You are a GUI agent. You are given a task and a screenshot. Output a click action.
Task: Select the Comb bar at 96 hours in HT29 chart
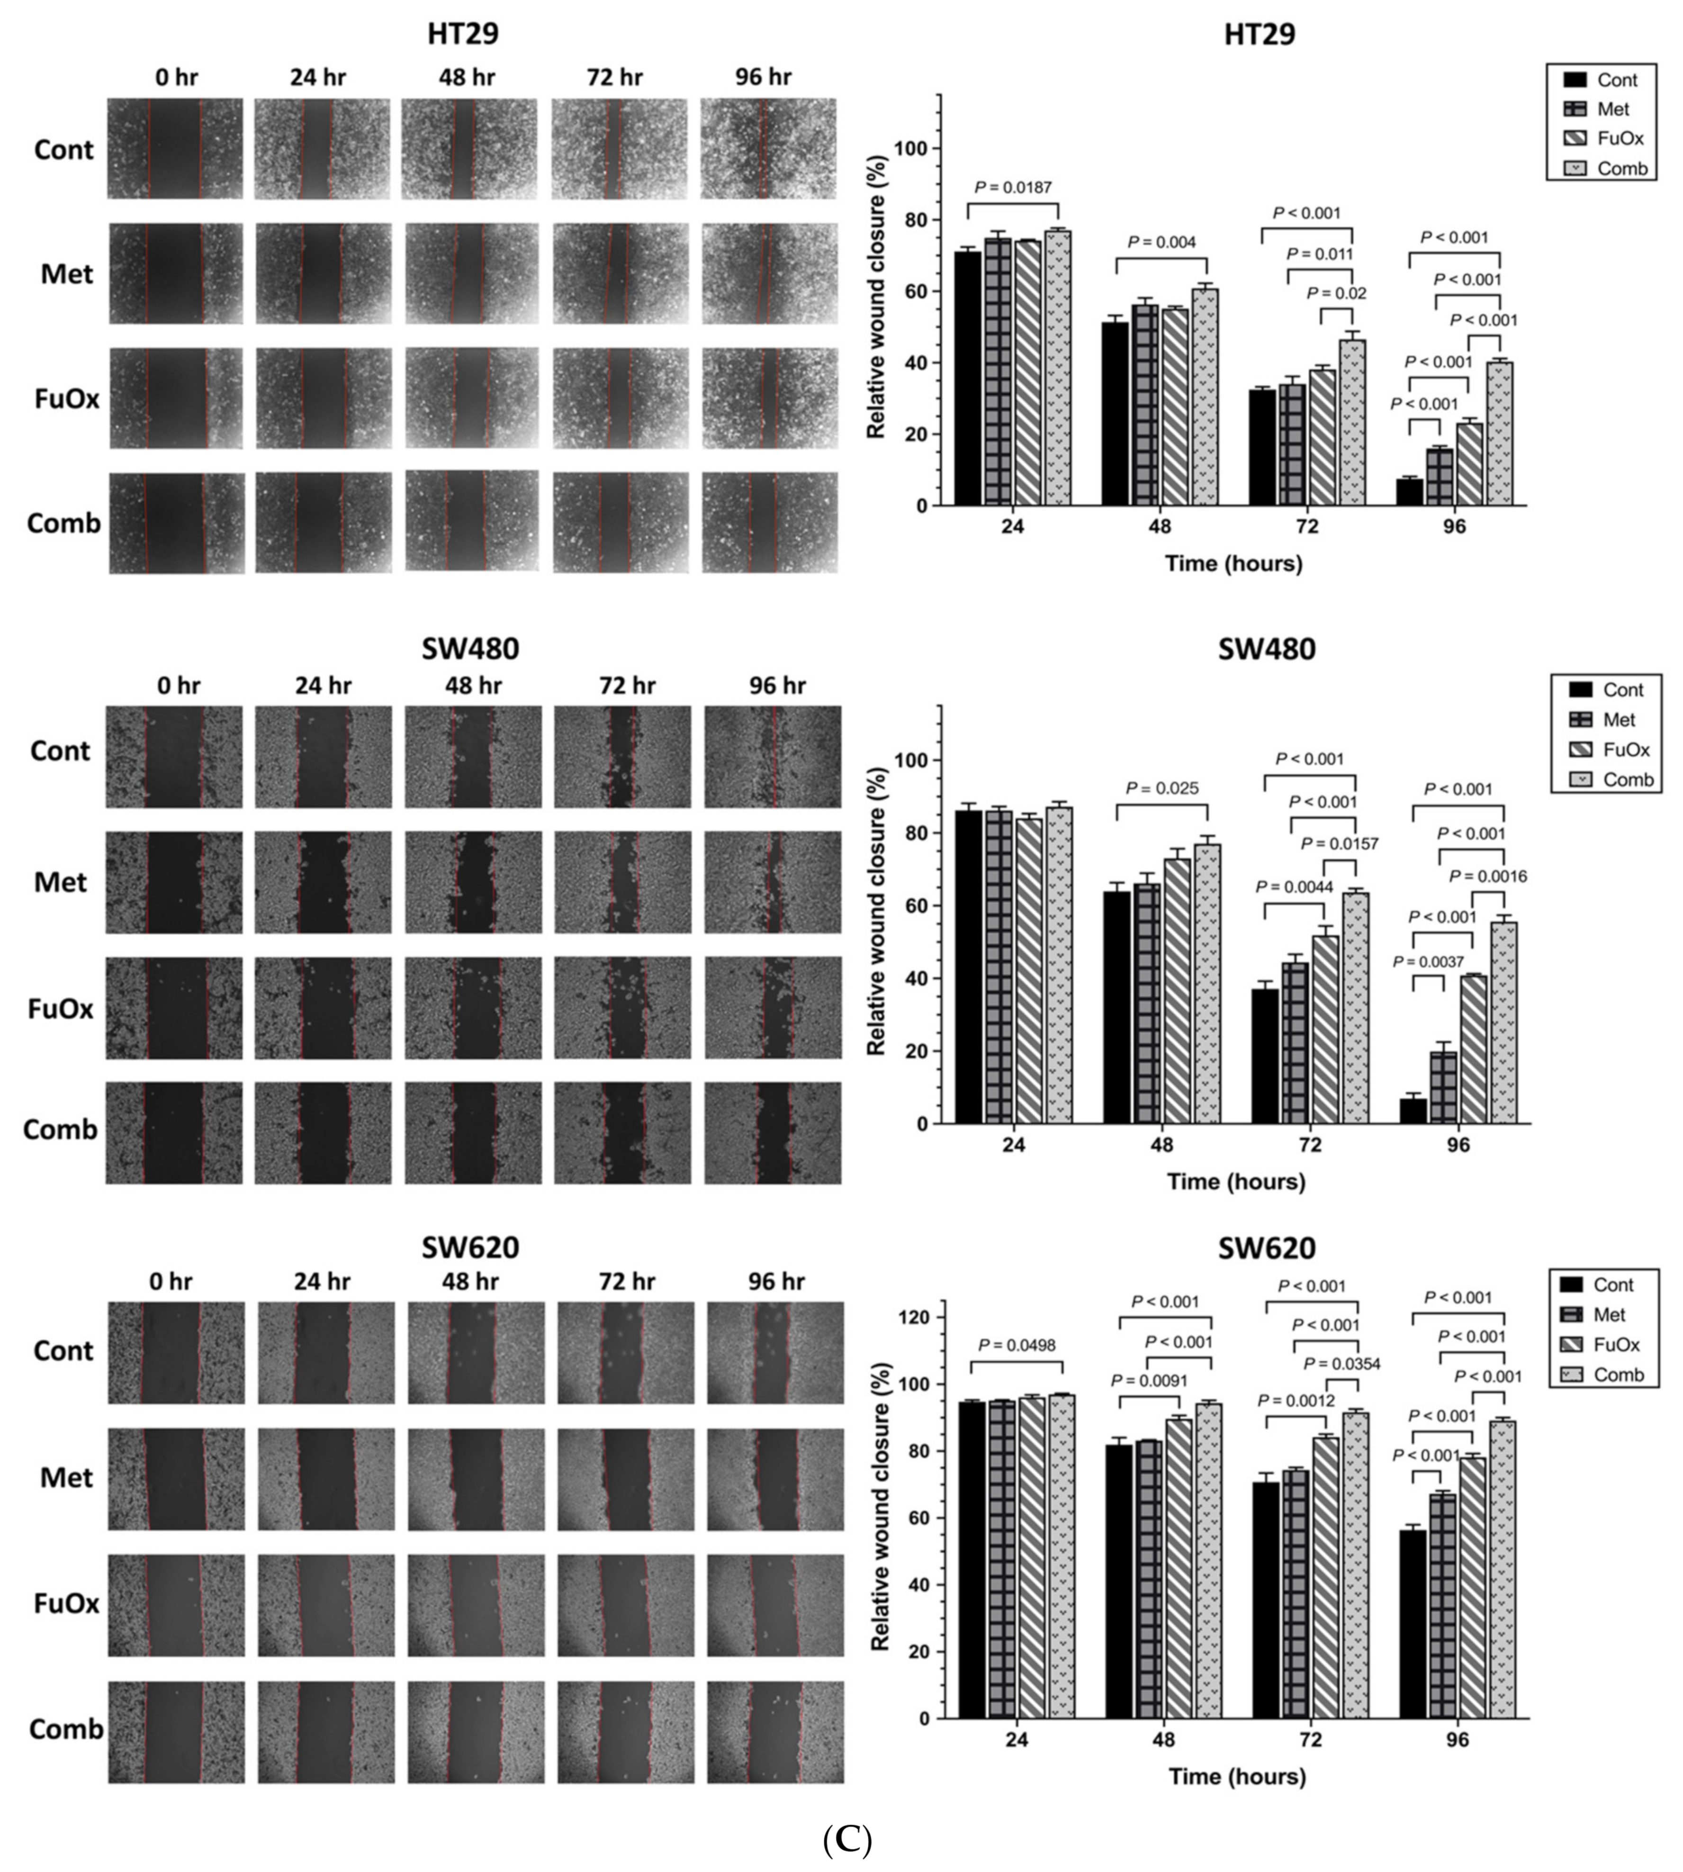(x=1500, y=434)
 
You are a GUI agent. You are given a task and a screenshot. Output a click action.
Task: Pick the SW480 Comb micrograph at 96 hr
(x=773, y=1133)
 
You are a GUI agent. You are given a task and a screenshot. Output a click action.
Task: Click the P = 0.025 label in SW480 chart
(x=1161, y=788)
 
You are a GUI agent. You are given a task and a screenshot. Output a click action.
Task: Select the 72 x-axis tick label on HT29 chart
(x=1306, y=527)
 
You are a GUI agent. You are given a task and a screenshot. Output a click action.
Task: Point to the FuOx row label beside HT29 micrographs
(x=67, y=398)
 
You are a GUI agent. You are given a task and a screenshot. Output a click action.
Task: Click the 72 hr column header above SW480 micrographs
(x=626, y=685)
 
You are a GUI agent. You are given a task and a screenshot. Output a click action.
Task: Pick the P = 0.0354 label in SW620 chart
(x=1342, y=1363)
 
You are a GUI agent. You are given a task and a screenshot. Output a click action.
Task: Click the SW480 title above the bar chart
(x=1266, y=648)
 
